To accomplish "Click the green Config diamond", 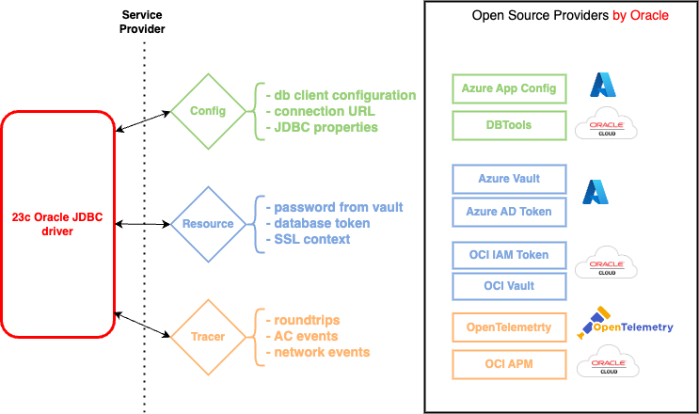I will point(208,111).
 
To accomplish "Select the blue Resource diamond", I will point(208,224).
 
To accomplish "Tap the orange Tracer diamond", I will point(208,336).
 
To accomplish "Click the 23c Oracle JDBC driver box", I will point(57,224).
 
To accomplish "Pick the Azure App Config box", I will point(509,89).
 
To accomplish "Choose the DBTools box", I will point(509,125).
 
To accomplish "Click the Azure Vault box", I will point(509,179).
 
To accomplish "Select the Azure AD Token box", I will point(509,213).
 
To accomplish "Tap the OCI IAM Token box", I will point(509,255).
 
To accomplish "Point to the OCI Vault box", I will point(509,287).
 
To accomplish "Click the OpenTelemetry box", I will point(509,327).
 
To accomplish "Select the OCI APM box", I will point(509,363).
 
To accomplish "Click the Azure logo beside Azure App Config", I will point(602,86).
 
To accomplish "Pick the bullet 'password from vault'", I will point(335,207).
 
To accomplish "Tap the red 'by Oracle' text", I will point(640,15).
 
